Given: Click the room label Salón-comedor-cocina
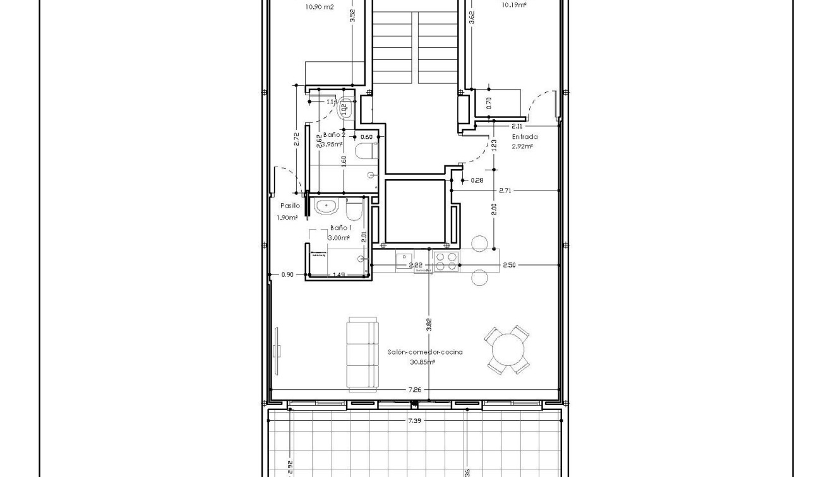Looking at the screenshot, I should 424,352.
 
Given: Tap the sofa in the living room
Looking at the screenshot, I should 362,353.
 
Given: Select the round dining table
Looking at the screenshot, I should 507,350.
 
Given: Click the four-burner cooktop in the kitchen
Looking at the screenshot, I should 446,261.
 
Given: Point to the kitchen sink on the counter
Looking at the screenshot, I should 404,259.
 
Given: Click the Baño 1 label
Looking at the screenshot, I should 340,228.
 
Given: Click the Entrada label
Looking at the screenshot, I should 524,137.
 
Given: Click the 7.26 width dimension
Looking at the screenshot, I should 414,390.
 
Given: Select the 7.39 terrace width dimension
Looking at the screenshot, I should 414,420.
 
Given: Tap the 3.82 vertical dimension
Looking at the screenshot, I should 429,325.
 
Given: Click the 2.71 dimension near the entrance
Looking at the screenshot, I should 505,190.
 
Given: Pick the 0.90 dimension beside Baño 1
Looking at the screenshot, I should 287,274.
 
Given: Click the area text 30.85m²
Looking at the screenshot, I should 422,362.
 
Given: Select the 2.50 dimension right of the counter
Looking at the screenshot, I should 509,265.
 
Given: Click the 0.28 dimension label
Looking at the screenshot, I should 477,180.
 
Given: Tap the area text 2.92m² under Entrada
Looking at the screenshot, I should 522,146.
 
